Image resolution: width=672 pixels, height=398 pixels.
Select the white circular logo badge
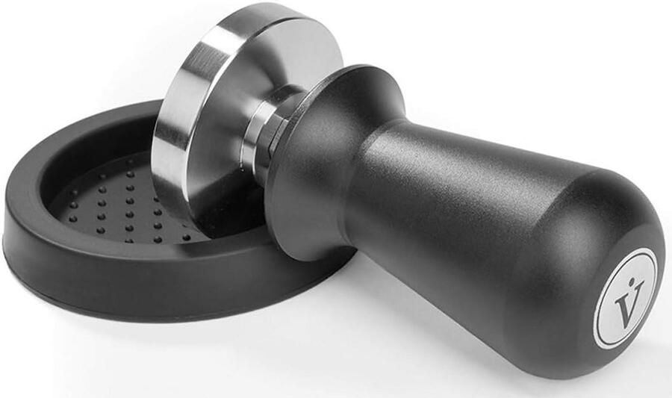626,299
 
